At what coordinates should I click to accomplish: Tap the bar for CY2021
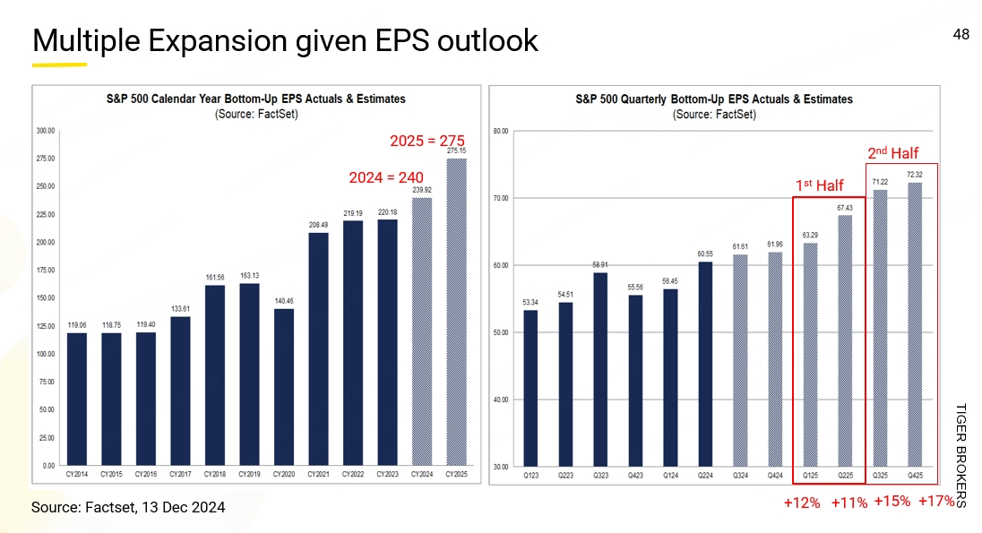pyautogui.click(x=318, y=349)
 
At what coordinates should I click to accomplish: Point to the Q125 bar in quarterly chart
pyautogui.click(x=810, y=355)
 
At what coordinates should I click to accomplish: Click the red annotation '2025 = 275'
pyautogui.click(x=426, y=141)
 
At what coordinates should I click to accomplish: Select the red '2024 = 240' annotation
pyautogui.click(x=385, y=177)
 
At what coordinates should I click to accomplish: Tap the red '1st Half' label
pyautogui.click(x=820, y=185)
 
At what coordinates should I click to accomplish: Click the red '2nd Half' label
pyautogui.click(x=892, y=153)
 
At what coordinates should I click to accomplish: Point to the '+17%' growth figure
pyautogui.click(x=936, y=501)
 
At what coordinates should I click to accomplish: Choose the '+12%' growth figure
pyautogui.click(x=802, y=503)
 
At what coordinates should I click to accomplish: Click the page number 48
pyautogui.click(x=960, y=35)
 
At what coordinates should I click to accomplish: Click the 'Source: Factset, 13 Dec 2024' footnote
pyautogui.click(x=128, y=507)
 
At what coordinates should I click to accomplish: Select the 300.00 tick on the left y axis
pyautogui.click(x=45, y=131)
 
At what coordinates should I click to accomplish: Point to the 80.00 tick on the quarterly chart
pyautogui.click(x=501, y=131)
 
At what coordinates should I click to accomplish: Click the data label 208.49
pyautogui.click(x=318, y=225)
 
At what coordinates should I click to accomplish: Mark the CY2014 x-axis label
pyautogui.click(x=77, y=474)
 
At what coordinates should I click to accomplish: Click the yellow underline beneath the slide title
pyautogui.click(x=59, y=64)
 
